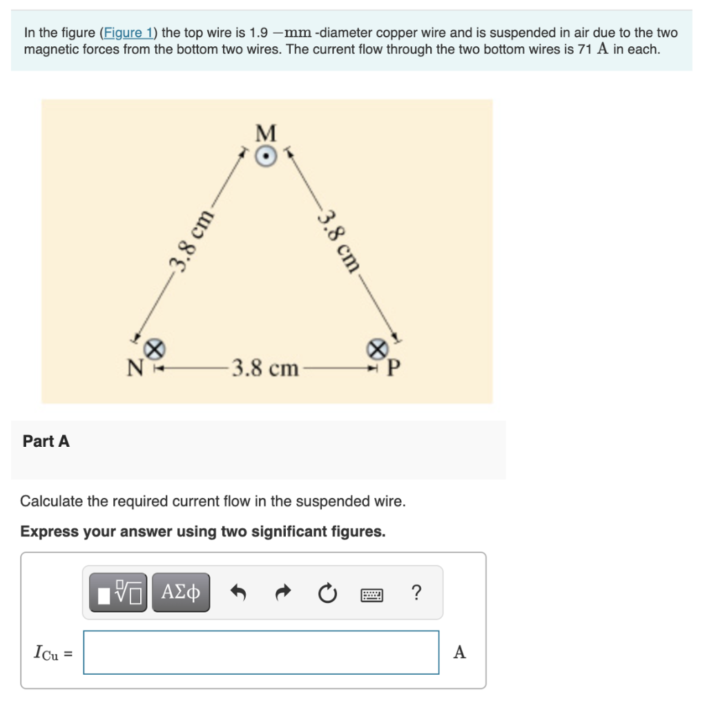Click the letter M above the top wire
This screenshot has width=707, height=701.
[x=266, y=132]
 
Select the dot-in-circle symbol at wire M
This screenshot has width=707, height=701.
[x=267, y=156]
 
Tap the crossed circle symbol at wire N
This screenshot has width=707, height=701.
[x=156, y=349]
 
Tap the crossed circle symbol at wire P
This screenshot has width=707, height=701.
[x=377, y=349]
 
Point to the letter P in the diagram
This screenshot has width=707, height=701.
[x=393, y=368]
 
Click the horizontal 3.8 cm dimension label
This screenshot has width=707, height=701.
[x=265, y=368]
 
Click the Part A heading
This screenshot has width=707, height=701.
[x=46, y=441]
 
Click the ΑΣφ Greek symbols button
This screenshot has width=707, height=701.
[x=181, y=592]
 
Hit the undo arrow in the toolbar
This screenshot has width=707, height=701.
[x=239, y=593]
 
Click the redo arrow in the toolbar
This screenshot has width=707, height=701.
[x=283, y=593]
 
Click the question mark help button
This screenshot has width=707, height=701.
[x=416, y=593]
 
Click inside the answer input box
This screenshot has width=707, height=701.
[x=261, y=652]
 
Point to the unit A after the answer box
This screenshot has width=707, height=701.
[x=459, y=652]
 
